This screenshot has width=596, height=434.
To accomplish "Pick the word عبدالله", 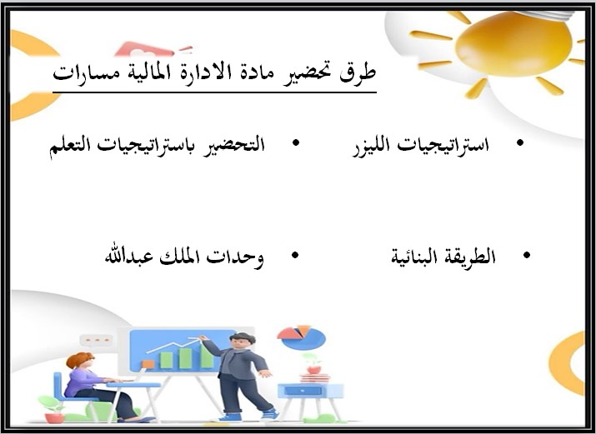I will point(128,256).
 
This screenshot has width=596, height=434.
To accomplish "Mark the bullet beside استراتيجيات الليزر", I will point(520,144).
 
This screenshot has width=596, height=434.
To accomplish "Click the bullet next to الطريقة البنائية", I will point(526,256).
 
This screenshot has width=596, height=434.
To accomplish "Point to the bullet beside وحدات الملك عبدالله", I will point(293,256).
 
